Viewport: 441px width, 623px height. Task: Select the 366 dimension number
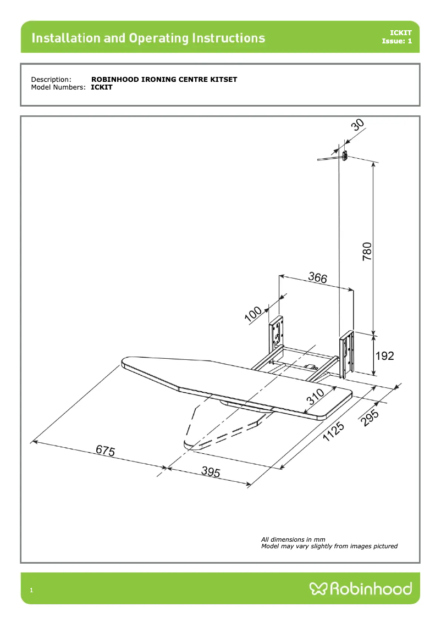click(x=317, y=278)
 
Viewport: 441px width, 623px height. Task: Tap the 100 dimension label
click(x=254, y=314)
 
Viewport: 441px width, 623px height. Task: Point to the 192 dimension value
click(x=384, y=356)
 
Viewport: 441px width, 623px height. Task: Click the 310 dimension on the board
click(x=316, y=397)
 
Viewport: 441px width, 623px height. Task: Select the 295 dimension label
click(x=371, y=416)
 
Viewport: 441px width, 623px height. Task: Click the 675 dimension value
click(x=106, y=451)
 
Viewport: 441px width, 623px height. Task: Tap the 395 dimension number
click(x=211, y=472)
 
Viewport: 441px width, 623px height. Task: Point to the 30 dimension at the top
click(x=358, y=125)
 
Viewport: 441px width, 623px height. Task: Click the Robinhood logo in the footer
click(x=361, y=589)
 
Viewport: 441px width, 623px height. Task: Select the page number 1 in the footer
click(x=31, y=591)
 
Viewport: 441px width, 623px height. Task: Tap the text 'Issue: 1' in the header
click(x=396, y=41)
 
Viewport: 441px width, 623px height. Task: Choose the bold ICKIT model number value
click(x=102, y=87)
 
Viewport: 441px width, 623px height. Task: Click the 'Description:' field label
click(x=51, y=80)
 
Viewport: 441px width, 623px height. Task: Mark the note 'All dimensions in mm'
click(x=293, y=539)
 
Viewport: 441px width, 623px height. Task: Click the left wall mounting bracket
click(x=277, y=335)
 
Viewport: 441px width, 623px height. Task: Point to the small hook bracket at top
click(x=344, y=157)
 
